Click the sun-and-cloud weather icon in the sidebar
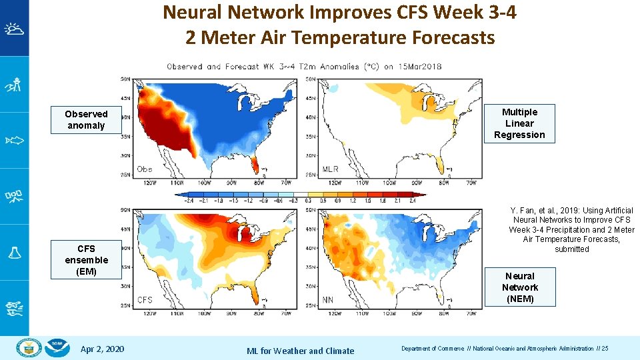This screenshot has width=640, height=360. [14, 29]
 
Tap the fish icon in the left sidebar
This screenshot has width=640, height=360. [14, 140]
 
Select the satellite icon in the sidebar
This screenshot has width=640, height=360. [14, 196]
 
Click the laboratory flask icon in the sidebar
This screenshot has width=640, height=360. [14, 252]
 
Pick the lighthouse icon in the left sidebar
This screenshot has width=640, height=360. [14, 85]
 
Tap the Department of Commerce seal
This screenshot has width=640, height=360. [29, 348]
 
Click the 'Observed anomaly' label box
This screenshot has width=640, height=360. [86, 120]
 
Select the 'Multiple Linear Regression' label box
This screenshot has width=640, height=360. [519, 123]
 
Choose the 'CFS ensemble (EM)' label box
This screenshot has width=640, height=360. [86, 260]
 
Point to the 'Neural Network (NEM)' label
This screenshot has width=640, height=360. [520, 287]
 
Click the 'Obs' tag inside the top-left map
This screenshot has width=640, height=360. [145, 169]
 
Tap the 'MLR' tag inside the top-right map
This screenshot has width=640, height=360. [331, 169]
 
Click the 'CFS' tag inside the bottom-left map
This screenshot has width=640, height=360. [145, 300]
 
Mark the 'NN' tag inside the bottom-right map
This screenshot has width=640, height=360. [328, 300]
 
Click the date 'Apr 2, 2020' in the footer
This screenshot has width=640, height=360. [101, 349]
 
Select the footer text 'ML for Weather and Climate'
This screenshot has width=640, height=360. [300, 351]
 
